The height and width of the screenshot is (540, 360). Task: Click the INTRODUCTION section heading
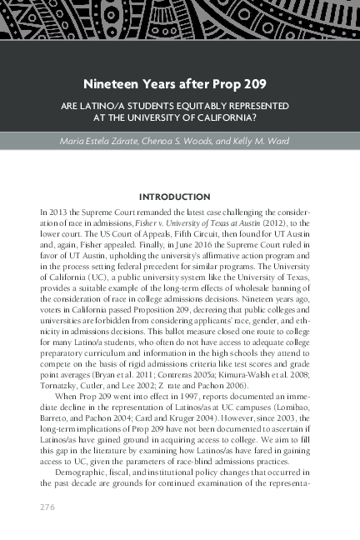[x=179, y=197]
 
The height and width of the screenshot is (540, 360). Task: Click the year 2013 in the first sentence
[x=58, y=214]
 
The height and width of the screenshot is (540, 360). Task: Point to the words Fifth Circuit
[x=173, y=236]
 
